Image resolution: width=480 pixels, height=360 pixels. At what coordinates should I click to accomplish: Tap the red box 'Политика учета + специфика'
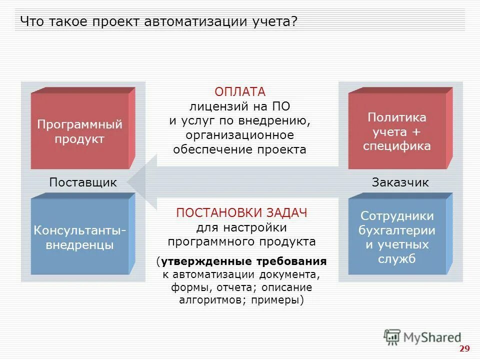[397, 131]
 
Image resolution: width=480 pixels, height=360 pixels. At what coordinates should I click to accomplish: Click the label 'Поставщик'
[83, 182]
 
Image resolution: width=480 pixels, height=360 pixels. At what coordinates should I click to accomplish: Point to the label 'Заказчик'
[400, 182]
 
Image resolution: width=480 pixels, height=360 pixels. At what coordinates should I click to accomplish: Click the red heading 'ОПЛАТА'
[240, 92]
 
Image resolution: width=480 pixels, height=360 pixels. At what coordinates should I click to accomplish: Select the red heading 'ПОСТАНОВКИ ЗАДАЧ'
[241, 213]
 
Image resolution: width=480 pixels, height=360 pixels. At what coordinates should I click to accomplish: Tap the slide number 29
[464, 348]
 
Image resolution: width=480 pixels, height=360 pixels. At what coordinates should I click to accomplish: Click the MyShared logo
[422, 337]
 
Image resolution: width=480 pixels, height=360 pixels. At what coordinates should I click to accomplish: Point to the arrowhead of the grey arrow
[137, 182]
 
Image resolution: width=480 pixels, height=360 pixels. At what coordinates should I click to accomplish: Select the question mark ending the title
[294, 22]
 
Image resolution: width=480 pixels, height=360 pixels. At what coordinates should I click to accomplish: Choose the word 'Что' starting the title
[31, 22]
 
